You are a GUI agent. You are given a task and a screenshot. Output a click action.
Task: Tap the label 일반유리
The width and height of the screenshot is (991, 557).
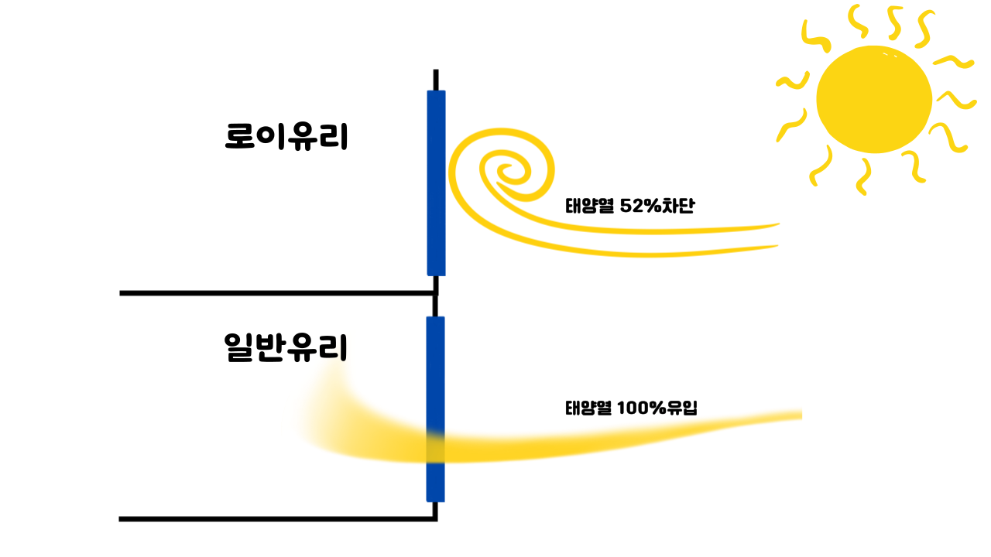(x=285, y=348)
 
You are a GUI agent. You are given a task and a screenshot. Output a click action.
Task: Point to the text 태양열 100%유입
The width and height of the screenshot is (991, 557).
(x=631, y=408)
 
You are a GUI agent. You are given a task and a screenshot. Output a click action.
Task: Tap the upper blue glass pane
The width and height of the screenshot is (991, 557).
(x=436, y=183)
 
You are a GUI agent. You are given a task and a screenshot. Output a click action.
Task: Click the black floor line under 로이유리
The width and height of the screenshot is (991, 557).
(x=275, y=293)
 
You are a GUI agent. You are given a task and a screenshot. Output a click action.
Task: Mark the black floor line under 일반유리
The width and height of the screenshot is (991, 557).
(x=275, y=518)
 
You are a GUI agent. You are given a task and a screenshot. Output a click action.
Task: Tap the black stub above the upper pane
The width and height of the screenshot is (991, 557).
(x=436, y=80)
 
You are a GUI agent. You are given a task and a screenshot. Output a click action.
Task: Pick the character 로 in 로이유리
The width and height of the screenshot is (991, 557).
(x=240, y=137)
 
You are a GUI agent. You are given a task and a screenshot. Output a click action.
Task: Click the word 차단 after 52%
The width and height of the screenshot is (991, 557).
(x=682, y=206)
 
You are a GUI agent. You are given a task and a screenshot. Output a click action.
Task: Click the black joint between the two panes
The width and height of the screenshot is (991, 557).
(x=436, y=297)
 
